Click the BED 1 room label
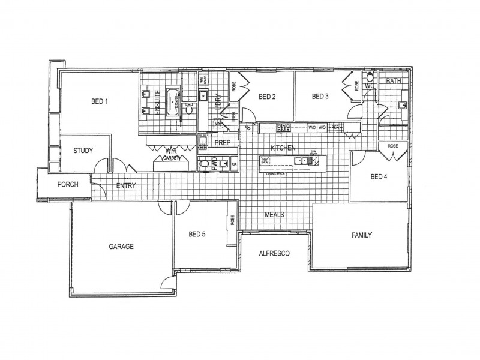[99, 101]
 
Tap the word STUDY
[83, 150]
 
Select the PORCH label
[68, 184]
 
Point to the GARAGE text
[121, 246]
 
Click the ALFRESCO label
[274, 253]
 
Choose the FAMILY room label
[362, 235]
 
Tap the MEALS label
[274, 214]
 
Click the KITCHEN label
[283, 148]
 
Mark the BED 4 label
[379, 176]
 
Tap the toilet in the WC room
[370, 78]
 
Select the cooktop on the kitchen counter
[283, 127]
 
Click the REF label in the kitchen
[335, 127]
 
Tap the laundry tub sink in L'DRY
[203, 95]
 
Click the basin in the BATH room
[402, 106]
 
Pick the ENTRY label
[126, 185]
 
